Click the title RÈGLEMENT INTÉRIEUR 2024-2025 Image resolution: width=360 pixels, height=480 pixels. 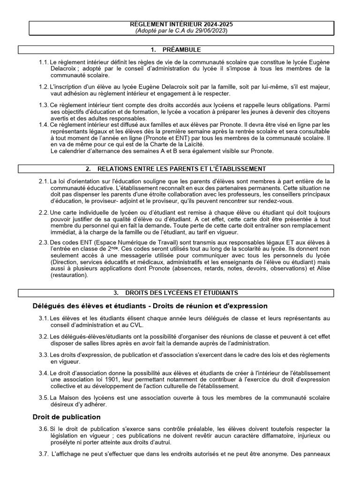pos(181,24)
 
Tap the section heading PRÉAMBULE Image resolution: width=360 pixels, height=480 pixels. pos(181,50)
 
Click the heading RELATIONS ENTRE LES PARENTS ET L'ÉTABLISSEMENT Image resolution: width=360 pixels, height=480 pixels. pos(181,169)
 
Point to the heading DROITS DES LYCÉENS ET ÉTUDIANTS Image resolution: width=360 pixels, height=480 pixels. pos(181,293)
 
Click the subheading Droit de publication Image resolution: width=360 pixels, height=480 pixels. pos(67,417)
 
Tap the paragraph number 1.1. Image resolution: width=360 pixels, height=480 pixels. pos(44,62)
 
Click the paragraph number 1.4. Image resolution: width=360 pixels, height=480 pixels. pos(44,125)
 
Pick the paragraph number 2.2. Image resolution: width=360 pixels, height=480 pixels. pos(44,213)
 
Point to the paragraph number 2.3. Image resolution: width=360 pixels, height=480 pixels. pos(44,242)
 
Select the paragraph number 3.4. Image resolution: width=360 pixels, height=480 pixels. pos(44,373)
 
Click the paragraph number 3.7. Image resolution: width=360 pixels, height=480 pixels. pos(44,454)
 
